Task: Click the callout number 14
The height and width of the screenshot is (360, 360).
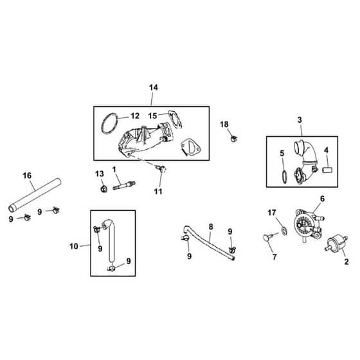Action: pyautogui.click(x=154, y=87)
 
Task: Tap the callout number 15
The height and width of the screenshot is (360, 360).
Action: pyautogui.click(x=152, y=116)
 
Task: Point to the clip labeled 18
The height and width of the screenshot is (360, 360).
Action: pyautogui.click(x=234, y=138)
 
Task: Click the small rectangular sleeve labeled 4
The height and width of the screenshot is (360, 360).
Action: pyautogui.click(x=328, y=170)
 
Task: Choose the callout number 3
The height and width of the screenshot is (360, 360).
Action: pyautogui.click(x=300, y=120)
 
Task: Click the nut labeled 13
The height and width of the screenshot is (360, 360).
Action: pyautogui.click(x=104, y=189)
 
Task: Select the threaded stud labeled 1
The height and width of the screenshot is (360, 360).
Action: pyautogui.click(x=124, y=185)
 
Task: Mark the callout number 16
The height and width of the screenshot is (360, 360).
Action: pyautogui.click(x=27, y=175)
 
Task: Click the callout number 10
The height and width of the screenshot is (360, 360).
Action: pyautogui.click(x=74, y=246)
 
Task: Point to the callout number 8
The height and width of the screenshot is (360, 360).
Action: pyautogui.click(x=211, y=227)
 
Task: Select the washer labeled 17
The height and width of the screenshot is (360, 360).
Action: pyautogui.click(x=284, y=231)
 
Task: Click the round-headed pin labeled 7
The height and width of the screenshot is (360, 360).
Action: pyautogui.click(x=267, y=237)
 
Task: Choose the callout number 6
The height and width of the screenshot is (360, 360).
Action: pyautogui.click(x=322, y=199)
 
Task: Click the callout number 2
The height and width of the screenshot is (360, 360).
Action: pyautogui.click(x=346, y=262)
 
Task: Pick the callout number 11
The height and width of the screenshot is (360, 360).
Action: pyautogui.click(x=158, y=192)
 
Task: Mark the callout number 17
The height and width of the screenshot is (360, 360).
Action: pyautogui.click(x=271, y=213)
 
